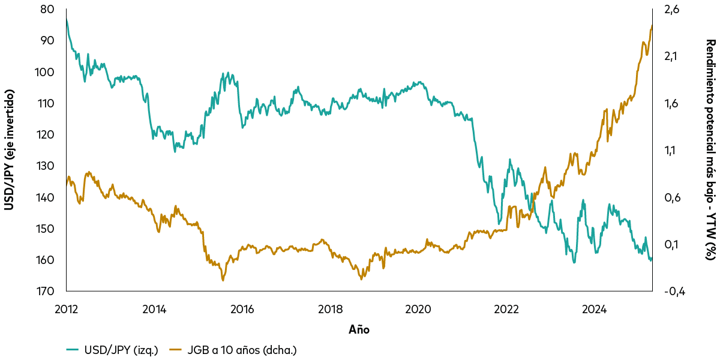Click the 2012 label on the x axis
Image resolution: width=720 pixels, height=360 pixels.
pyautogui.click(x=66, y=310)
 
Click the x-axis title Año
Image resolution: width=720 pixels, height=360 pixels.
pyautogui.click(x=359, y=329)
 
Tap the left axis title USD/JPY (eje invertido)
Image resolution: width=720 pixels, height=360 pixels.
pyautogui.click(x=10, y=150)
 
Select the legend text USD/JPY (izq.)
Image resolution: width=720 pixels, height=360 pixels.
pyautogui.click(x=121, y=349)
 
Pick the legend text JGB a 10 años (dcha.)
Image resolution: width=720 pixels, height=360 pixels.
pyautogui.click(x=242, y=349)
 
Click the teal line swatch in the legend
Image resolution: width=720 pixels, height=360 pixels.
pyautogui.click(x=73, y=349)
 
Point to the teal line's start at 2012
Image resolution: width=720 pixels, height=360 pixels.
pyautogui.click(x=67, y=20)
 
